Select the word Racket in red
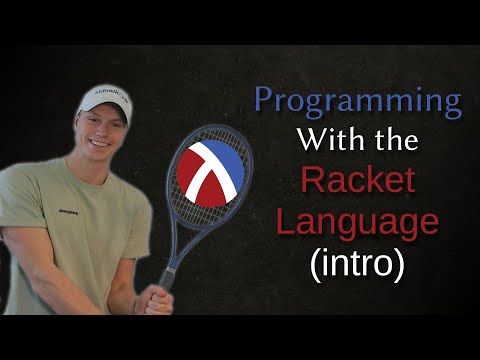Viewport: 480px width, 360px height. click(355, 182)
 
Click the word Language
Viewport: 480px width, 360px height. click(355, 222)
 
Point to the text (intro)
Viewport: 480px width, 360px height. click(355, 262)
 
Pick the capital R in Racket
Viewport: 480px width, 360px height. click(312, 182)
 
